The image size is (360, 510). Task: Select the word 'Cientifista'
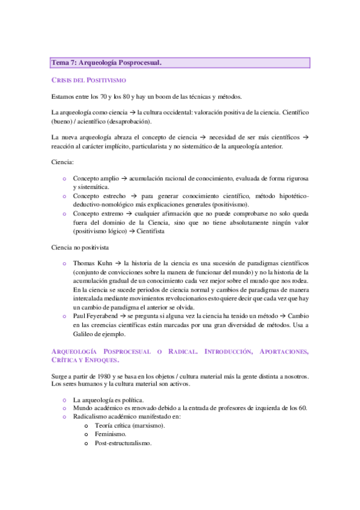158,231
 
